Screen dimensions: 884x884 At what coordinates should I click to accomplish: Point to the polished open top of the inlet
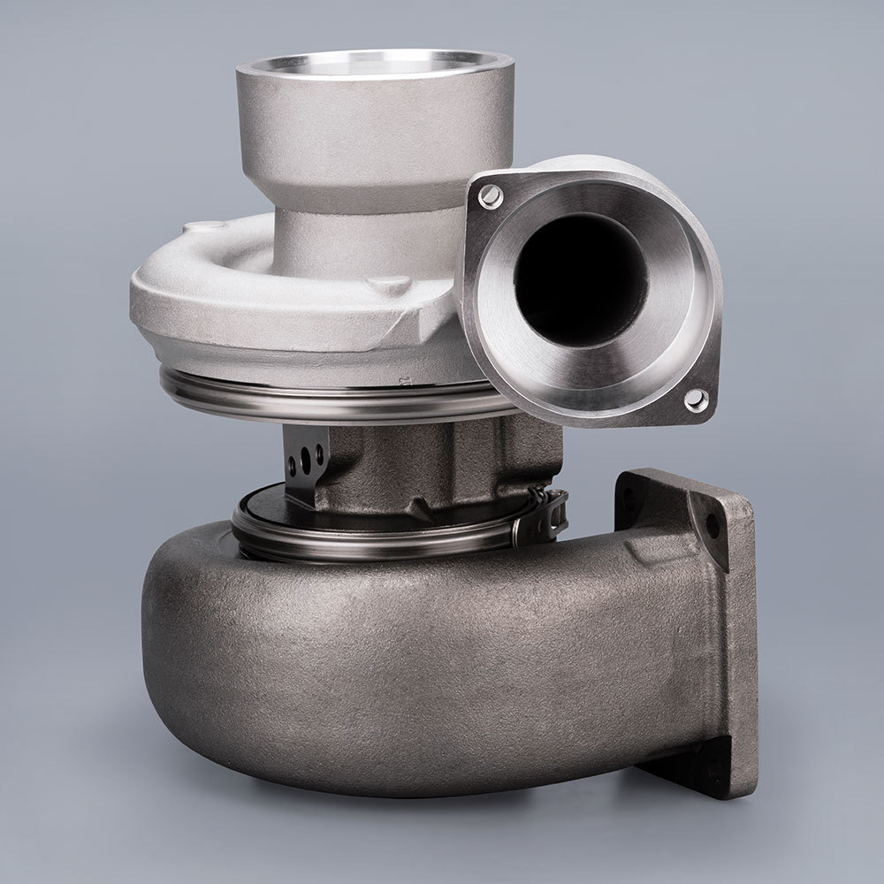[x=375, y=66]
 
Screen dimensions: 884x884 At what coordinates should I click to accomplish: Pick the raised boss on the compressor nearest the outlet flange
[x=390, y=285]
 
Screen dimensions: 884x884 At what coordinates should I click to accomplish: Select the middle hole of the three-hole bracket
[x=306, y=459]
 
